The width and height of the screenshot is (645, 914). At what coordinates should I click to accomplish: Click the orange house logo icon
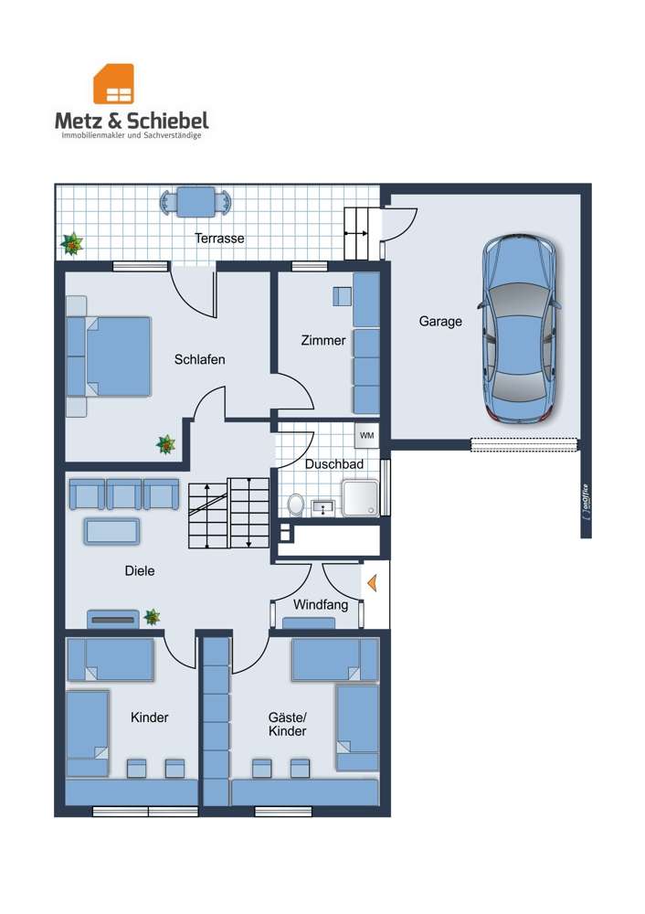pyautogui.click(x=113, y=83)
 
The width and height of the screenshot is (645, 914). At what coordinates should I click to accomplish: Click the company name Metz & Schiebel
pyautogui.click(x=132, y=121)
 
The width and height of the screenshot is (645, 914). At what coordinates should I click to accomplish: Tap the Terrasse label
pyautogui.click(x=219, y=238)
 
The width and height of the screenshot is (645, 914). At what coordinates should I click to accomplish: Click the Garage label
pyautogui.click(x=440, y=322)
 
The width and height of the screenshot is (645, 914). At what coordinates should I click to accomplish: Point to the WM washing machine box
pyautogui.click(x=367, y=434)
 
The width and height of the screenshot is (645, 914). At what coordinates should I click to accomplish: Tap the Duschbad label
pyautogui.click(x=334, y=464)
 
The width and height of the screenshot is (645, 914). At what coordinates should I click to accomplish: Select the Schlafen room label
pyautogui.click(x=199, y=359)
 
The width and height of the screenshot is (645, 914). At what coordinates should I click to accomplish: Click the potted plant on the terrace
pyautogui.click(x=71, y=244)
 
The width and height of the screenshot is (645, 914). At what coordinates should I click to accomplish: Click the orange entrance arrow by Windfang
pyautogui.click(x=371, y=580)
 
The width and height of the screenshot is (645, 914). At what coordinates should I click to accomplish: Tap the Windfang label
pyautogui.click(x=320, y=605)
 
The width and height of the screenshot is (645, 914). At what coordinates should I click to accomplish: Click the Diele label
pyautogui.click(x=140, y=571)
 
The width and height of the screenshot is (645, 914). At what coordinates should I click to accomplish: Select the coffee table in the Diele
pyautogui.click(x=111, y=531)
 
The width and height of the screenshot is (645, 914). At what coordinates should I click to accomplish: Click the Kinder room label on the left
pyautogui.click(x=149, y=717)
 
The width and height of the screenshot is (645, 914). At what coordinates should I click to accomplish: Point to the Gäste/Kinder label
pyautogui.click(x=287, y=724)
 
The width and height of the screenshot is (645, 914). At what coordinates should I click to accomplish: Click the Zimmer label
pyautogui.click(x=323, y=341)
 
